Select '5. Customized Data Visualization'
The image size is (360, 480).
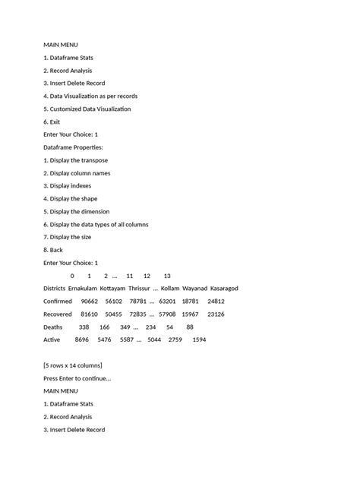(87, 109)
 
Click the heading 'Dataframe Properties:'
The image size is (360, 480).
(73, 147)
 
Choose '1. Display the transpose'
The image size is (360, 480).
(75, 160)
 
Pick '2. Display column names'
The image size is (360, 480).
(77, 173)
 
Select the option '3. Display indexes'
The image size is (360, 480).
(70, 185)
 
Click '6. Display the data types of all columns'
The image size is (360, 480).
(96, 224)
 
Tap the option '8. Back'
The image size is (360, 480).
(53, 250)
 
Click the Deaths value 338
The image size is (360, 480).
(84, 327)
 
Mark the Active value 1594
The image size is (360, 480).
(199, 339)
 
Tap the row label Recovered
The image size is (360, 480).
(58, 314)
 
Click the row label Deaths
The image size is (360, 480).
(53, 327)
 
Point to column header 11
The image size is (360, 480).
(130, 276)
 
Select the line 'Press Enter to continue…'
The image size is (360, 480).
(77, 378)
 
